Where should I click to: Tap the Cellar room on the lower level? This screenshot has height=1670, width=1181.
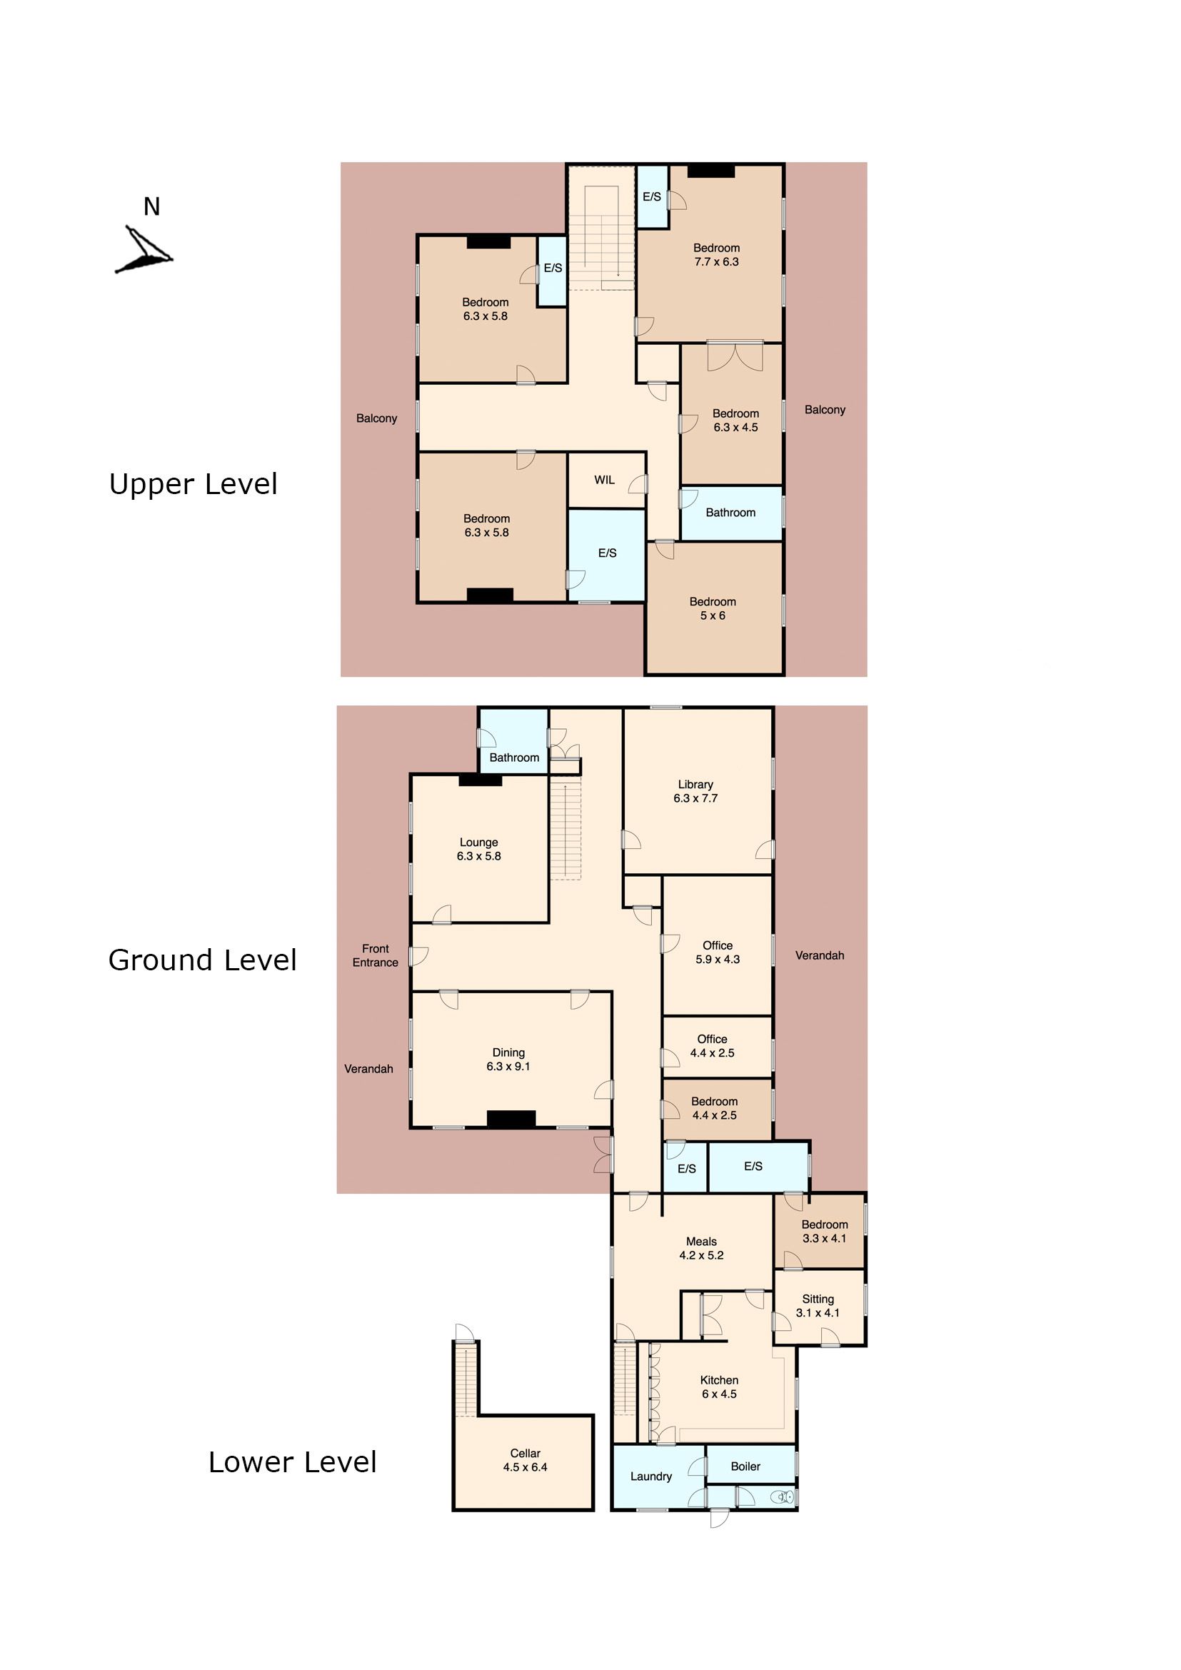(523, 1462)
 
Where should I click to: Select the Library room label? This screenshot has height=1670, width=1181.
(695, 784)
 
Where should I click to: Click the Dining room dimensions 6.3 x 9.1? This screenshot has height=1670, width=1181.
(508, 1066)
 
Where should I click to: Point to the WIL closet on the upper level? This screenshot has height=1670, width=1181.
(606, 480)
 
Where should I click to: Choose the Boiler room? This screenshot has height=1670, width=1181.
(751, 1465)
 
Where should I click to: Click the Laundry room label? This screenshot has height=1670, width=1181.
(651, 1477)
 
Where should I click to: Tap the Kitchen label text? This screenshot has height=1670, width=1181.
(719, 1381)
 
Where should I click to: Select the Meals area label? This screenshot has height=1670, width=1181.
(701, 1242)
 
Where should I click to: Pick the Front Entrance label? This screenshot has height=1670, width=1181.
(376, 956)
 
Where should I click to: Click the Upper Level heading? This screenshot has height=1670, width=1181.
(193, 483)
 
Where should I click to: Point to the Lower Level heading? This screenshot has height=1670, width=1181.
(292, 1462)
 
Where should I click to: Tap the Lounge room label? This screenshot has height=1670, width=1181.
(478, 842)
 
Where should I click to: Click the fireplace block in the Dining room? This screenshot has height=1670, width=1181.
(511, 1120)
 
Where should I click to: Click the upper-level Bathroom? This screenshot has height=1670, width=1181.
(731, 513)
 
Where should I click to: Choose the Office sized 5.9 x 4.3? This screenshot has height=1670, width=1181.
(717, 945)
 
